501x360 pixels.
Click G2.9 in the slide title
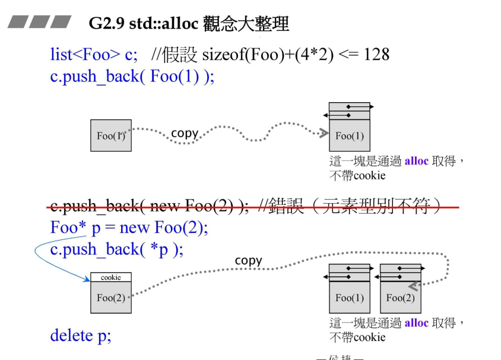tap(104, 23)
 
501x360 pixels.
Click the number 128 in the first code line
tap(376, 55)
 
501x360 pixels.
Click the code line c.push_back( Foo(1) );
tap(132, 77)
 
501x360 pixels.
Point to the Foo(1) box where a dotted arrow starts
tap(111, 135)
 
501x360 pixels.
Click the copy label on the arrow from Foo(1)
tap(184, 132)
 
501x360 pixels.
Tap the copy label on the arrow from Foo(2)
tap(248, 260)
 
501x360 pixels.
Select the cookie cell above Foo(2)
tap(111, 277)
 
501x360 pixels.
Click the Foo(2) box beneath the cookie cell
tap(111, 297)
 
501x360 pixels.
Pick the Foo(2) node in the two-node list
tap(401, 297)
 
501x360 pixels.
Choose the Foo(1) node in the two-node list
tap(350, 297)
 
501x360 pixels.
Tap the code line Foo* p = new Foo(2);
tap(129, 228)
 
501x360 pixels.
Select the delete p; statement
tap(80, 336)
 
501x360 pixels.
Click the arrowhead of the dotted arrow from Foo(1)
tap(324, 133)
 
